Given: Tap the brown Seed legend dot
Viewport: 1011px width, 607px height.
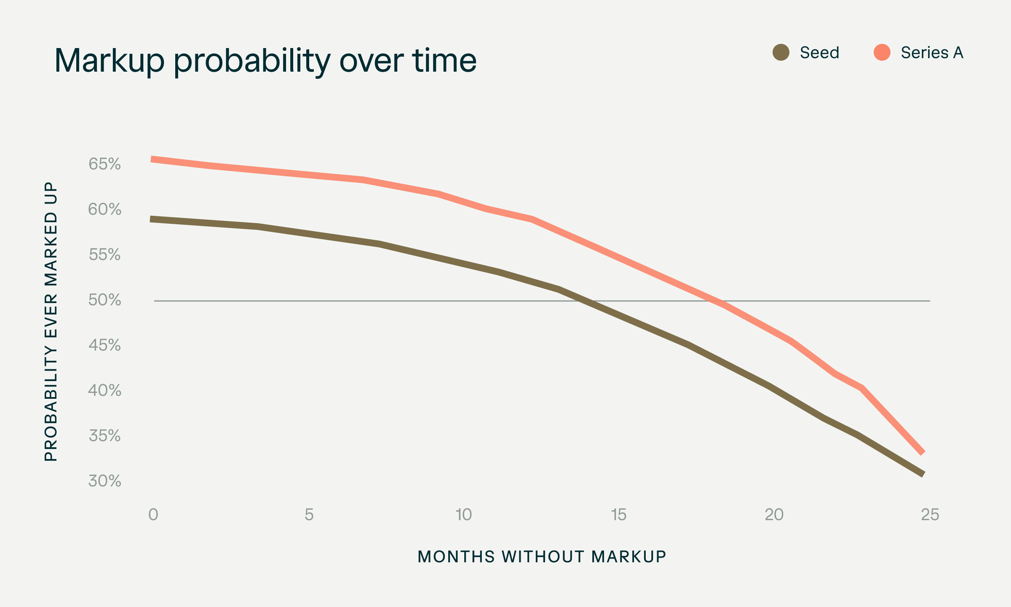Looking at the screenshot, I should coord(781,53).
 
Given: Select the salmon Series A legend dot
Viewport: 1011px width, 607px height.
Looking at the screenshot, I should coord(882,53).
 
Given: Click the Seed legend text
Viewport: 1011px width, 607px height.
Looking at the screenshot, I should coord(819,53).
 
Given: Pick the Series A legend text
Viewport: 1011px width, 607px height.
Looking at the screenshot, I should coord(932,53).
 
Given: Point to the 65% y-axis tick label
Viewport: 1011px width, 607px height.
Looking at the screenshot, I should coord(104,164).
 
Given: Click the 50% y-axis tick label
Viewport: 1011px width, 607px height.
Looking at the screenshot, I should coord(104,300).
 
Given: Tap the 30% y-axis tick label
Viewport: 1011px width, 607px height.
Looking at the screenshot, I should coord(104,481).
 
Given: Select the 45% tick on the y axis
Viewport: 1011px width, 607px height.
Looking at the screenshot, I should coord(104,345).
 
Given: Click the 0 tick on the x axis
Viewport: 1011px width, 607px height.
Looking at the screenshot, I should coord(153,515).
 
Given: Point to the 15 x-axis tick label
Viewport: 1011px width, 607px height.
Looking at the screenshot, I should coord(619,515).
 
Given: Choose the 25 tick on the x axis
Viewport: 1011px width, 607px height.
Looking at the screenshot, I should coord(930,515).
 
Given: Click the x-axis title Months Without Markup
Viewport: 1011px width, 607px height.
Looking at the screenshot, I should coord(542,557).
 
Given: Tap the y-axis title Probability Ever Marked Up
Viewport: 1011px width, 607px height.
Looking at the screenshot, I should coord(51,322).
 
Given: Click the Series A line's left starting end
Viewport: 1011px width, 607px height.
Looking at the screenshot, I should coord(152,159).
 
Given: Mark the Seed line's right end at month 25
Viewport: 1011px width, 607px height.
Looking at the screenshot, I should coord(923,474).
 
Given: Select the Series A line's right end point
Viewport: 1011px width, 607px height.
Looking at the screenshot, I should coord(923,453).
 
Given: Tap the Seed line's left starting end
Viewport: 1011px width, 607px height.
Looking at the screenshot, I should coord(152,219).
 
